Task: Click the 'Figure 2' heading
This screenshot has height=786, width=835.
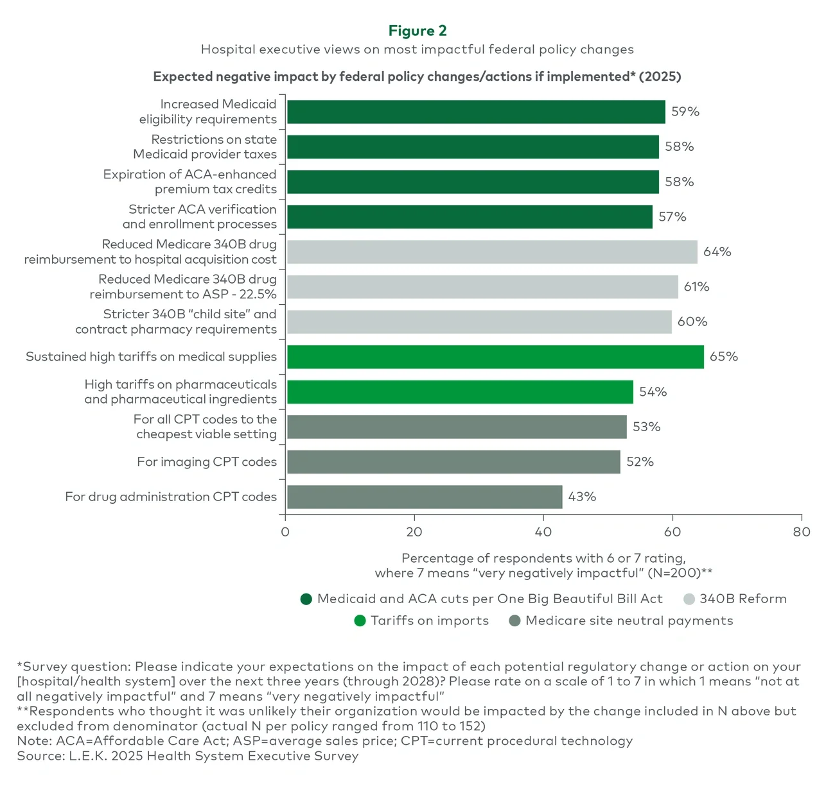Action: (418, 31)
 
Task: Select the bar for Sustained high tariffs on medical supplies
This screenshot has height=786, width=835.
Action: (495, 357)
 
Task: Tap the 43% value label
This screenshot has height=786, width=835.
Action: (582, 497)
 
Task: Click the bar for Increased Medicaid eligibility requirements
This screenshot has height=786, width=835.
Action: (476, 112)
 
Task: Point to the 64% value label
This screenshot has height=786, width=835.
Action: (717, 252)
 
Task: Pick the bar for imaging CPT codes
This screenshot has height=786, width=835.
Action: (453, 462)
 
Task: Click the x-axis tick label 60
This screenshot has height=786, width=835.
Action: (672, 532)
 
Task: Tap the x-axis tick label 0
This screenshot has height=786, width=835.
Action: (285, 532)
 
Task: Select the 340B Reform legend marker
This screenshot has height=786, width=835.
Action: (689, 599)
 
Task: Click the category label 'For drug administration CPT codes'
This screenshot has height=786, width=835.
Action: (171, 497)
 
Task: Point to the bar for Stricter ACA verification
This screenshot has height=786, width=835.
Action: (470, 217)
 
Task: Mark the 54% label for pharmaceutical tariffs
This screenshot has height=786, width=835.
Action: (653, 392)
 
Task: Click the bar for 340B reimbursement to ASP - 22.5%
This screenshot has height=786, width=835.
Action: (482, 287)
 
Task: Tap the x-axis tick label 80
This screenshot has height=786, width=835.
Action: (802, 532)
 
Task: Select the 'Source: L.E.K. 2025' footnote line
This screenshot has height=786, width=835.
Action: (188, 756)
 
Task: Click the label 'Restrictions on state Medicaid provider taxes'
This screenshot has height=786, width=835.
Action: (205, 147)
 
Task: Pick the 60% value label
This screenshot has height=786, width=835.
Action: (692, 322)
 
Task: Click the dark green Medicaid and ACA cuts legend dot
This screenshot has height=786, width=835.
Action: (306, 599)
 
